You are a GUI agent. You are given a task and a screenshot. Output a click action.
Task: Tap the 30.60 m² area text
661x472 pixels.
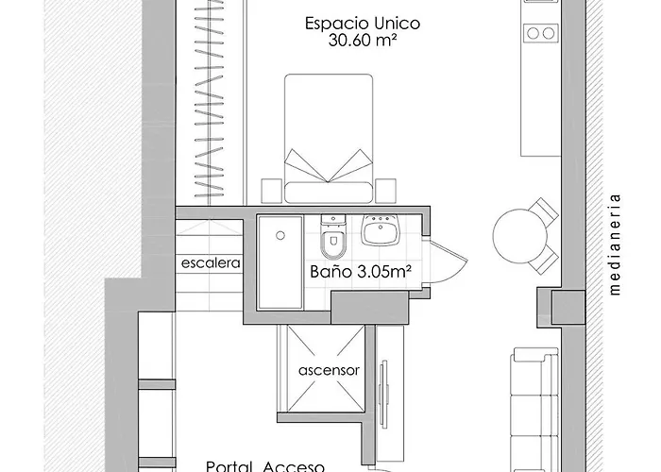point(349,41)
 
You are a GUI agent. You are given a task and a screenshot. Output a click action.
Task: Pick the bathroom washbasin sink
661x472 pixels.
point(381,229)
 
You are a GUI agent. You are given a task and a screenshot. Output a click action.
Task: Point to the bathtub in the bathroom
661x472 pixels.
point(280,263)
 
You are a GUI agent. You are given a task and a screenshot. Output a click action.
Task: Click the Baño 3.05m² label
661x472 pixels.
point(361,272)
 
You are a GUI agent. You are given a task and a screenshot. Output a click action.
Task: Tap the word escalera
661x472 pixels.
point(211,263)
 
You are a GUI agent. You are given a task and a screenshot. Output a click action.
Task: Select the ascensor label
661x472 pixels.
point(328,370)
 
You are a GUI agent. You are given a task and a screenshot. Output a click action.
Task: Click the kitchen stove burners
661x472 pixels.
point(541,32)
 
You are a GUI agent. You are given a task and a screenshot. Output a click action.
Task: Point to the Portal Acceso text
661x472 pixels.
point(265,465)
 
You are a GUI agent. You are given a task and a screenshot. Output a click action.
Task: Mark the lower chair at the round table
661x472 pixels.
point(546,260)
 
